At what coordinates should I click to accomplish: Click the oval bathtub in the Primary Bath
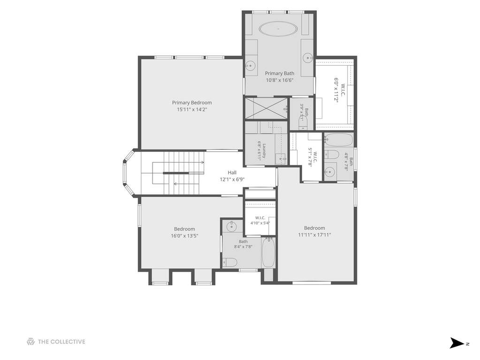pyautogui.click(x=278, y=29)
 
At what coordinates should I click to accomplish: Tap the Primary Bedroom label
pyautogui.click(x=192, y=102)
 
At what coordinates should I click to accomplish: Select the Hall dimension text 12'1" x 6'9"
pyautogui.click(x=232, y=179)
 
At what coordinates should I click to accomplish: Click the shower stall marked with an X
pyautogui.click(x=267, y=107)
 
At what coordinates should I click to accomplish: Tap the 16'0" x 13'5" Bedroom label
pyautogui.click(x=184, y=232)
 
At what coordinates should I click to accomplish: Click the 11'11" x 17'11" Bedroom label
pyautogui.click(x=314, y=231)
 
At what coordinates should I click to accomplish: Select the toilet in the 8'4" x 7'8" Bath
pyautogui.click(x=229, y=262)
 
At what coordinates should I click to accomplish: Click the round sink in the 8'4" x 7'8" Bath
pyautogui.click(x=232, y=227)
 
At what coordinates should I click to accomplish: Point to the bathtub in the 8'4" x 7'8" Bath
pyautogui.click(x=268, y=253)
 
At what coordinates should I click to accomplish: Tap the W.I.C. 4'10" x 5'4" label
pyautogui.click(x=260, y=221)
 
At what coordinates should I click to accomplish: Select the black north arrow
pyautogui.click(x=457, y=343)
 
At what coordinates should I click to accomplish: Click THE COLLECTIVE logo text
pyautogui.click(x=61, y=342)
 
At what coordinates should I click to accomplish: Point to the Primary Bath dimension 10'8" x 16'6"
pyautogui.click(x=279, y=80)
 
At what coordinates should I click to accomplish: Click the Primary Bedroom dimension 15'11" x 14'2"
pyautogui.click(x=192, y=109)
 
